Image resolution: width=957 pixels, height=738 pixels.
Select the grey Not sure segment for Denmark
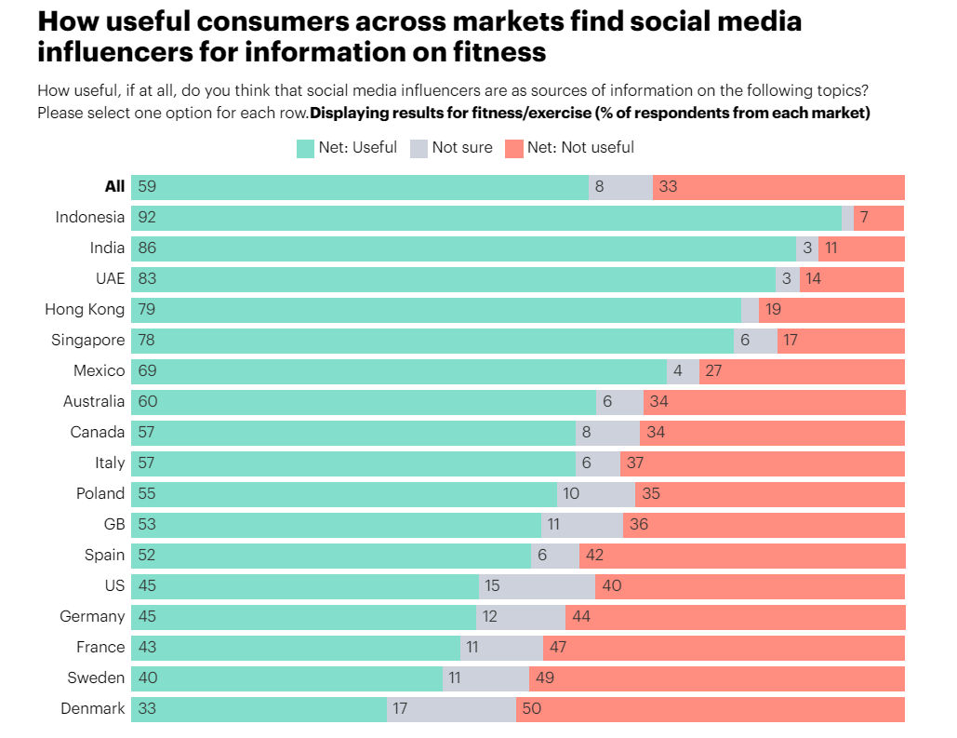(x=451, y=709)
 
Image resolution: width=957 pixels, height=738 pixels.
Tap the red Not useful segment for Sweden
(x=716, y=678)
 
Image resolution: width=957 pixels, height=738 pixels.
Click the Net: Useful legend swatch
(x=305, y=148)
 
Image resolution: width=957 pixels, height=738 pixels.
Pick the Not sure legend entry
(x=451, y=148)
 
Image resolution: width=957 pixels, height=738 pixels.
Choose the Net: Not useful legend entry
(x=569, y=148)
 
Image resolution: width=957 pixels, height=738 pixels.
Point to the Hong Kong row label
(x=85, y=310)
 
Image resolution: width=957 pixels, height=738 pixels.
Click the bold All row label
(x=114, y=187)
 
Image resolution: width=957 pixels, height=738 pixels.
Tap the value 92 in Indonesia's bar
(x=147, y=218)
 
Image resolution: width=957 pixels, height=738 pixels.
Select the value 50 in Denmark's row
(x=531, y=709)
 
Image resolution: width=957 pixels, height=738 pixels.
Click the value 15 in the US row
(x=493, y=586)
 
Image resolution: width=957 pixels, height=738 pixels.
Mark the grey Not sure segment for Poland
(x=595, y=494)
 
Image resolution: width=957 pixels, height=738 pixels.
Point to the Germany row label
(x=92, y=617)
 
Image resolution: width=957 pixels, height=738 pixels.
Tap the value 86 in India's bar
(x=147, y=248)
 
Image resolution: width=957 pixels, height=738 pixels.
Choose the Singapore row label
(x=87, y=341)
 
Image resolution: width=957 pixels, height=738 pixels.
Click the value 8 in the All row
(x=599, y=187)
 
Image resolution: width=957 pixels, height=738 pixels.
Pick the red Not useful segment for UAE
(x=851, y=279)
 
